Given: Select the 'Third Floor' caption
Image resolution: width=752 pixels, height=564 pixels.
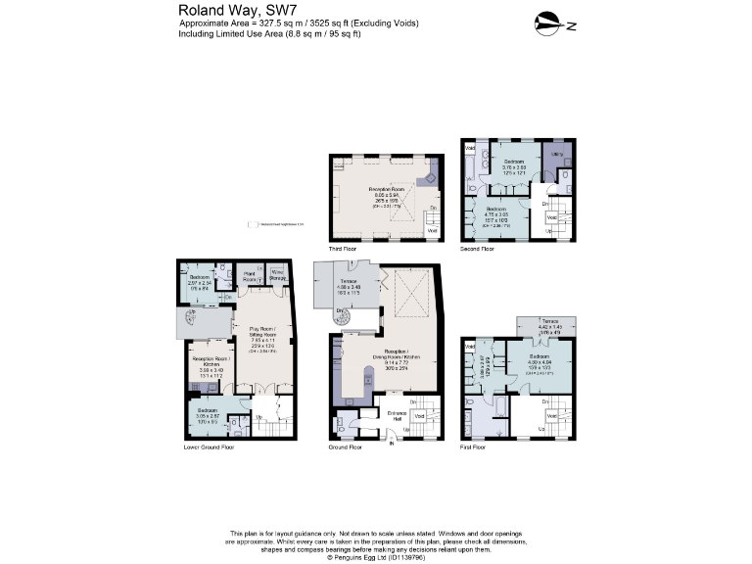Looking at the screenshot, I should click(343, 251).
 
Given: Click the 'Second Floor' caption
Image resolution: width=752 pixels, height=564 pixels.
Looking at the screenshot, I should click(477, 251).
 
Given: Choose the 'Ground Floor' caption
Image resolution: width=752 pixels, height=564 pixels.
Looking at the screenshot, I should click(346, 447).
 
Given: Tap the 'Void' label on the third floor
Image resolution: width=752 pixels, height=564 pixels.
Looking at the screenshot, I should click(434, 230).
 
